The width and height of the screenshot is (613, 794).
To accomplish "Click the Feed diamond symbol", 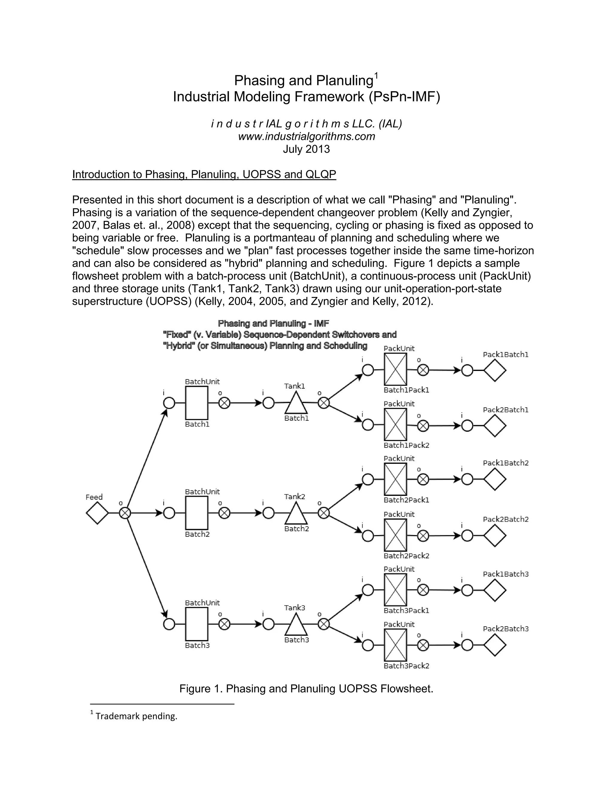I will (97, 513).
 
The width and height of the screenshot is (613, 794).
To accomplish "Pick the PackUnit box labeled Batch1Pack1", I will (395, 369).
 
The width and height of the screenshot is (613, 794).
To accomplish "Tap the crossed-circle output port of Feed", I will (125, 513).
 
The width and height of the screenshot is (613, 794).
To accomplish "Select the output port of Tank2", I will (324, 513).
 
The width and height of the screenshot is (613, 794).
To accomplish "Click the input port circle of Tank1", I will (268, 403).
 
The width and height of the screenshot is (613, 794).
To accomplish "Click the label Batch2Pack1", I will (406, 500).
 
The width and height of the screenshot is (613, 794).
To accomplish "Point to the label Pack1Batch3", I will (506, 574).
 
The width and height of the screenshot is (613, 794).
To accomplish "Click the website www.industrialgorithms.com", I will (306, 136).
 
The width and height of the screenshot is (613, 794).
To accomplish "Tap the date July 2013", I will (306, 149).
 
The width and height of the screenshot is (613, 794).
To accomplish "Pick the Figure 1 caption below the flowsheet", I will (306, 689).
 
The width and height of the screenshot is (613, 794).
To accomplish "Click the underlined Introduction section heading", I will (204, 174).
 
